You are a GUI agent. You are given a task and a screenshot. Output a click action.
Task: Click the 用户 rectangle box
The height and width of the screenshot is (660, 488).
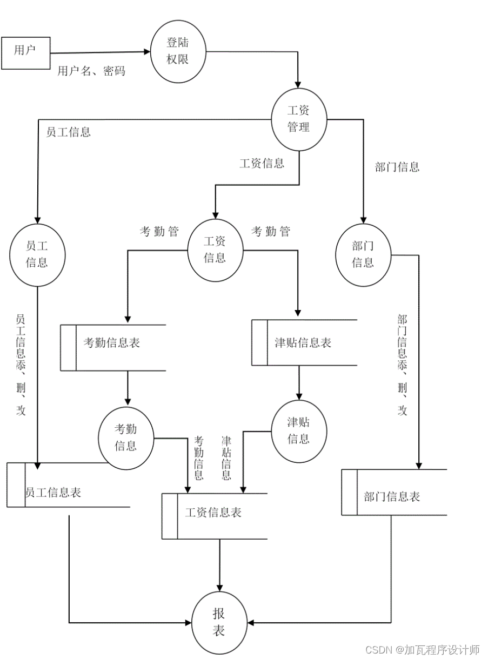coord(25,53)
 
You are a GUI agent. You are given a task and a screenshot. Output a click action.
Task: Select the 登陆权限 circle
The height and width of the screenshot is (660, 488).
coord(178,51)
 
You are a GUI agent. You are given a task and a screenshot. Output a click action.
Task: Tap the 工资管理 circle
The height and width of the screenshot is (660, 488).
coord(298,119)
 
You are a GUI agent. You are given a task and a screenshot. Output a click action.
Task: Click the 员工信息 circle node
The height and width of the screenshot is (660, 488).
coord(37,255)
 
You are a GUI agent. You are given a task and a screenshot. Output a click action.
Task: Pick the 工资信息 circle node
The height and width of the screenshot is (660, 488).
coord(215,250)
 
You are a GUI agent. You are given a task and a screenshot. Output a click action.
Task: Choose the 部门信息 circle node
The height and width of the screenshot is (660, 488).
coord(363,254)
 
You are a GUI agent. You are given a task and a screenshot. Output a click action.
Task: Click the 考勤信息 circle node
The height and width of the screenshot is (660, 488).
coord(126,437)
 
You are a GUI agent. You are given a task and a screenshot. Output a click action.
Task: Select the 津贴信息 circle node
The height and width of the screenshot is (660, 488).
coord(298,430)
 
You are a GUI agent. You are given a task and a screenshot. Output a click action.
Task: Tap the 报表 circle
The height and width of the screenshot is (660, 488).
coord(218,622)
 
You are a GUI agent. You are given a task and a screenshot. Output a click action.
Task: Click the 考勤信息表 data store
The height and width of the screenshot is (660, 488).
coord(112,343)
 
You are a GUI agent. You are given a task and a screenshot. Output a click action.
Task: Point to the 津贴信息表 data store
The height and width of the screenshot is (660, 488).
coord(304,343)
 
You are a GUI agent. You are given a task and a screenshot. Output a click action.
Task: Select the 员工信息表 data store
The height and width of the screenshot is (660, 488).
coord(54,493)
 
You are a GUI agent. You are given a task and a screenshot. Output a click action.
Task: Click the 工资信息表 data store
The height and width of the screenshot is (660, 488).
coord(214,513)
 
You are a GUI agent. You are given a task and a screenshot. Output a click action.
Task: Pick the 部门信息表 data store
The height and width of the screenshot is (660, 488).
coord(393,497)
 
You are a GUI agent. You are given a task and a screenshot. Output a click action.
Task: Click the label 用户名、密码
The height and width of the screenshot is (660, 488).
coord(91,71)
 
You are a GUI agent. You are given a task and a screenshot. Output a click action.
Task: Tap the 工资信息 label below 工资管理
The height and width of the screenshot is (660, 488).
coord(262,163)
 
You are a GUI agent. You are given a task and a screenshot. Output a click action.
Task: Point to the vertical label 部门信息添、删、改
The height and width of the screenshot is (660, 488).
coord(402,365)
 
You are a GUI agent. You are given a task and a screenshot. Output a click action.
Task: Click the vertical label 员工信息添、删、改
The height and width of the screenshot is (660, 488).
coord(21,365)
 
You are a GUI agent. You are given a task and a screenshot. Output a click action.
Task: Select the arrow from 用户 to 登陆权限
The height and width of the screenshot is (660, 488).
coord(100,52)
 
